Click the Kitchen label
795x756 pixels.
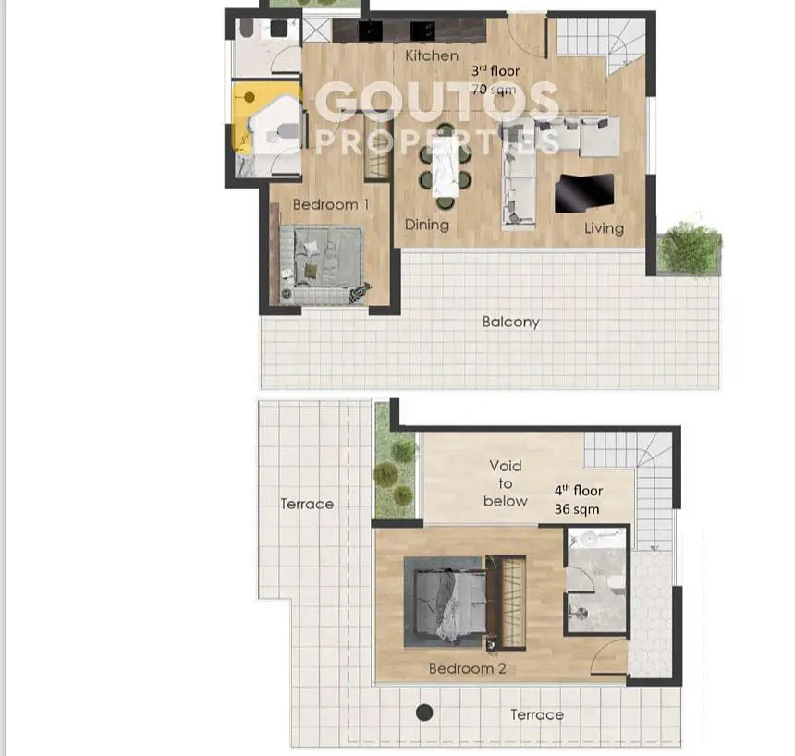[432, 55]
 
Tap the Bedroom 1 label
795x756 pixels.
[331, 204]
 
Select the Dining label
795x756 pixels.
[427, 225]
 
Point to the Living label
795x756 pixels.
[604, 228]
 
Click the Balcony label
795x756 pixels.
[510, 322]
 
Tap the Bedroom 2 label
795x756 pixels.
[467, 668]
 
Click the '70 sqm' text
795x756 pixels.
[494, 90]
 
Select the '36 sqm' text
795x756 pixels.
[577, 509]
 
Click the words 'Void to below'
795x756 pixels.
[505, 483]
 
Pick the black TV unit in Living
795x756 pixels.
[584, 193]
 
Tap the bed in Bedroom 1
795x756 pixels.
[322, 264]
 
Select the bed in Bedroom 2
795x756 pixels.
[446, 602]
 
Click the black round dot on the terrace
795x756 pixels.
[424, 713]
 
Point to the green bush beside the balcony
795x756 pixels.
[691, 250]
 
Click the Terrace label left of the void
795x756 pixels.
[307, 504]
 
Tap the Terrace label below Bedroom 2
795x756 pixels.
[537, 715]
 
